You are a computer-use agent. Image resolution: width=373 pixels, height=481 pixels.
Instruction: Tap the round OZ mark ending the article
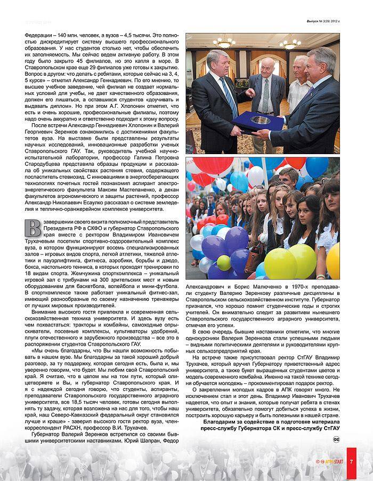pyautogui.click(x=336, y=439)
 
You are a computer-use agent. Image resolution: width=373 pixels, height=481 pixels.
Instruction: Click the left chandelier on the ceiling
pyautogui.click(x=224, y=43)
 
